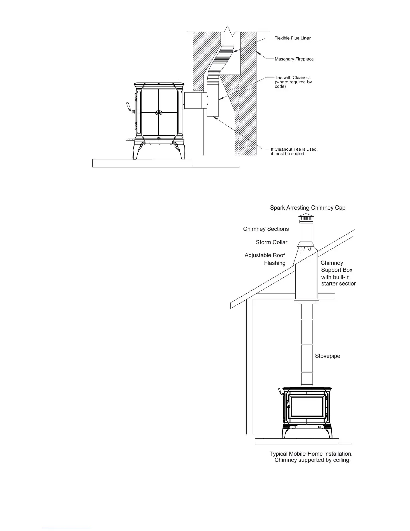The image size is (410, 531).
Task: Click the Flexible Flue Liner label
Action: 292,38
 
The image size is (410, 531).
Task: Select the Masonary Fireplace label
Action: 294,59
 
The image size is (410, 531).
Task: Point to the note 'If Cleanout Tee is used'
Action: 294,151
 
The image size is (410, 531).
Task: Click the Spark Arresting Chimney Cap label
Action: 307,208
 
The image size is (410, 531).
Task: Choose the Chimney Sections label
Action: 266,229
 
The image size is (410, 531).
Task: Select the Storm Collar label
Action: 271,242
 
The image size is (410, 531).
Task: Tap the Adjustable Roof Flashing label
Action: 265,259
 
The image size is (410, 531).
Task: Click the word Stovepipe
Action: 327,356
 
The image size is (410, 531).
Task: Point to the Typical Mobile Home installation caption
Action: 311,457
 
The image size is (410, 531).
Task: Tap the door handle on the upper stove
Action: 128,108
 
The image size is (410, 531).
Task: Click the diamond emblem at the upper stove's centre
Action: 159,112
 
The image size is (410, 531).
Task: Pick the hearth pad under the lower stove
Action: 297,441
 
